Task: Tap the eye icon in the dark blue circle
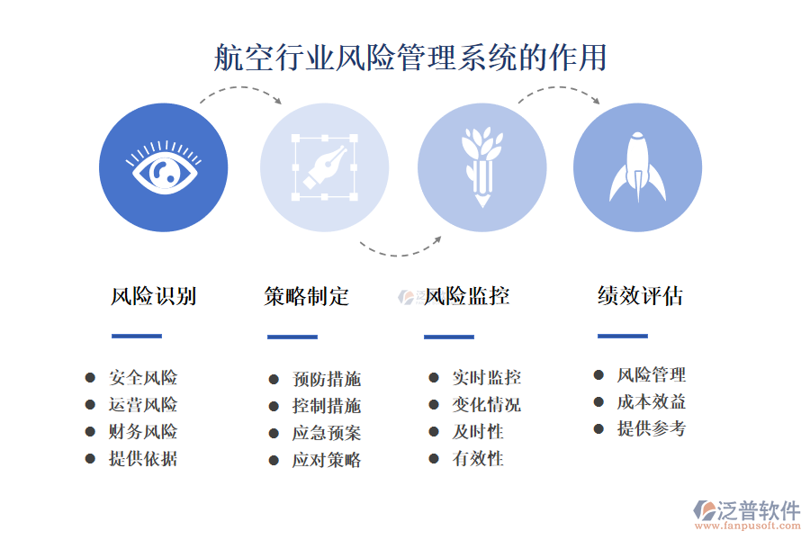pos(165,168)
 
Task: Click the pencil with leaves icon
pos(481,166)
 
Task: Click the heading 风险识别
pos(154,296)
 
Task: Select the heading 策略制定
pos(307,296)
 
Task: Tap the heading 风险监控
pos(467,296)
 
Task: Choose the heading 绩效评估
pos(640,296)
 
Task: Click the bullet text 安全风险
pos(143,378)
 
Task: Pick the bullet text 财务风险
pos(143,432)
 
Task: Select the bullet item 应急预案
pos(327,433)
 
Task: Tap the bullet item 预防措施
pos(327,380)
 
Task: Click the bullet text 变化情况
pos(486,405)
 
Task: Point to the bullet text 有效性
pos(478,459)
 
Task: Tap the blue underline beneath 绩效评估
pos(623,337)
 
